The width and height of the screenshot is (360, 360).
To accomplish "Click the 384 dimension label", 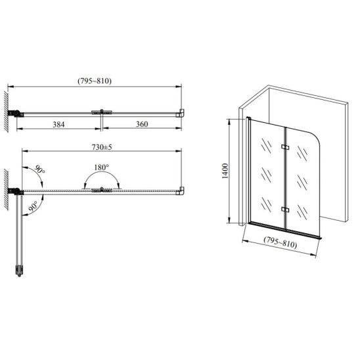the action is pyautogui.click(x=58, y=124).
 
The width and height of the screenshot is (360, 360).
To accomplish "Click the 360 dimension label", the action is pyautogui.click(x=142, y=124).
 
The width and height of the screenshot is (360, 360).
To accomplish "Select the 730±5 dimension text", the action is pyautogui.click(x=102, y=147).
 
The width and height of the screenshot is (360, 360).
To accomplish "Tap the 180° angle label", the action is pyautogui.click(x=101, y=168).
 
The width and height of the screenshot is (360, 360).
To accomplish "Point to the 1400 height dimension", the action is pyautogui.click(x=225, y=171).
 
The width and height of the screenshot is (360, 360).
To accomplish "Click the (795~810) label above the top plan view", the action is pyautogui.click(x=95, y=81).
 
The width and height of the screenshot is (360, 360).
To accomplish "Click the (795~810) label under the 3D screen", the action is pyautogui.click(x=280, y=242).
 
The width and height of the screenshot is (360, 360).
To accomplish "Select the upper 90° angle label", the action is pyautogui.click(x=39, y=169).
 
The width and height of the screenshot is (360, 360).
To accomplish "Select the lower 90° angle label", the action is pyautogui.click(x=33, y=206).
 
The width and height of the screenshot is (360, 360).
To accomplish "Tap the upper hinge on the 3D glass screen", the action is pyautogui.click(x=285, y=146).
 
